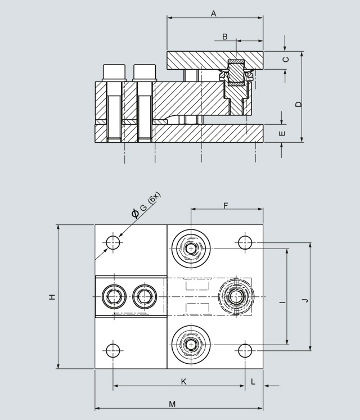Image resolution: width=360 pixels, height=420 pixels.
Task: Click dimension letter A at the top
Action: pyautogui.click(x=214, y=13)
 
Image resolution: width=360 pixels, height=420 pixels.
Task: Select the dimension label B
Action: pyautogui.click(x=224, y=37)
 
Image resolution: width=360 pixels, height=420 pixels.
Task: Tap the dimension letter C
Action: pyautogui.click(x=286, y=59)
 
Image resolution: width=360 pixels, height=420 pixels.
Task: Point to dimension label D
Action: pyautogui.click(x=299, y=104)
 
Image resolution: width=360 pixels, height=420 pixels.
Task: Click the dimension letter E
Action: pyautogui.click(x=282, y=133)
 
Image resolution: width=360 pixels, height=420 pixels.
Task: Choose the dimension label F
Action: pyautogui.click(x=226, y=206)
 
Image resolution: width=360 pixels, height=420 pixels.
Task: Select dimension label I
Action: pyautogui.click(x=282, y=302)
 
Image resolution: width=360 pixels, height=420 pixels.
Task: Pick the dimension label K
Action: pyautogui.click(x=183, y=382)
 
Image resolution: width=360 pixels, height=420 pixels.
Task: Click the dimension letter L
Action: pyautogui.click(x=253, y=382)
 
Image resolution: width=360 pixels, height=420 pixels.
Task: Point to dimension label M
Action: pyautogui.click(x=172, y=404)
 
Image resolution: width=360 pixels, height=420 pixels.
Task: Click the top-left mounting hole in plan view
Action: pyautogui.click(x=114, y=242)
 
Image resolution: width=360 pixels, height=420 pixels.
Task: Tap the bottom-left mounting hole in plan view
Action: pyautogui.click(x=114, y=350)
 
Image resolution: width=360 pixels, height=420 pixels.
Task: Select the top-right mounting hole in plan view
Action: pyautogui.click(x=245, y=242)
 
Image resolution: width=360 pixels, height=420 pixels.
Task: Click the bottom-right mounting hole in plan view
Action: pyautogui.click(x=245, y=350)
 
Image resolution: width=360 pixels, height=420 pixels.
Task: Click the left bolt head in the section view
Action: pyautogui.click(x=114, y=73)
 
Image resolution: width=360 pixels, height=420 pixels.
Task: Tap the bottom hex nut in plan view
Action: pyautogui.click(x=191, y=343)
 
